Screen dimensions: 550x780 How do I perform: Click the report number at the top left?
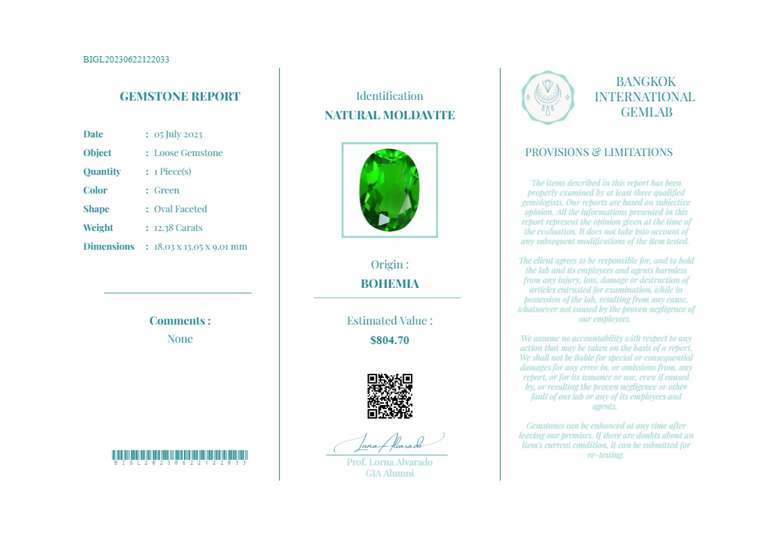pyautogui.click(x=126, y=59)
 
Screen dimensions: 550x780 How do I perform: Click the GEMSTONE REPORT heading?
pyautogui.click(x=180, y=96)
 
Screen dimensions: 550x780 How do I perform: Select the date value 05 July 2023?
pyautogui.click(x=178, y=134)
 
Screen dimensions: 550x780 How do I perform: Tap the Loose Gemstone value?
pyautogui.click(x=188, y=153)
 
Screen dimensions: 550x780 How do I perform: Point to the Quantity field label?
pyautogui.click(x=102, y=172)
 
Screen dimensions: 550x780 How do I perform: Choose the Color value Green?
pyautogui.click(x=167, y=190)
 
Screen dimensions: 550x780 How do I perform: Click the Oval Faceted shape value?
pyautogui.click(x=181, y=209)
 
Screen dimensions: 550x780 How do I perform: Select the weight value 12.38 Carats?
pyautogui.click(x=178, y=228)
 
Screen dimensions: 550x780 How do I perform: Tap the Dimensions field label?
pyautogui.click(x=109, y=247)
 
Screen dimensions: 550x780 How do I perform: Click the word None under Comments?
pyautogui.click(x=180, y=339)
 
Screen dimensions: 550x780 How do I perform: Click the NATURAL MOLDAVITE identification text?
pyautogui.click(x=389, y=115)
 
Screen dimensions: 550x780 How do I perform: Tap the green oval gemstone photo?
pyautogui.click(x=389, y=190)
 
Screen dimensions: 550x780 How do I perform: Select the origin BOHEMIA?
pyautogui.click(x=389, y=284)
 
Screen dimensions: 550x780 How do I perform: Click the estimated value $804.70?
pyautogui.click(x=389, y=340)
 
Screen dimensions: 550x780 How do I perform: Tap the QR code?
pyautogui.click(x=389, y=396)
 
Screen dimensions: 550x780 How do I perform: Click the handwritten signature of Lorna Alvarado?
pyautogui.click(x=389, y=443)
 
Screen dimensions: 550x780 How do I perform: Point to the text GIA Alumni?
pyautogui.click(x=389, y=473)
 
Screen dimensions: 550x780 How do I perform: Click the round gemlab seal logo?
pyautogui.click(x=547, y=97)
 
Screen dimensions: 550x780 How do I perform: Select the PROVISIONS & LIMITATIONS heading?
pyautogui.click(x=598, y=152)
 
